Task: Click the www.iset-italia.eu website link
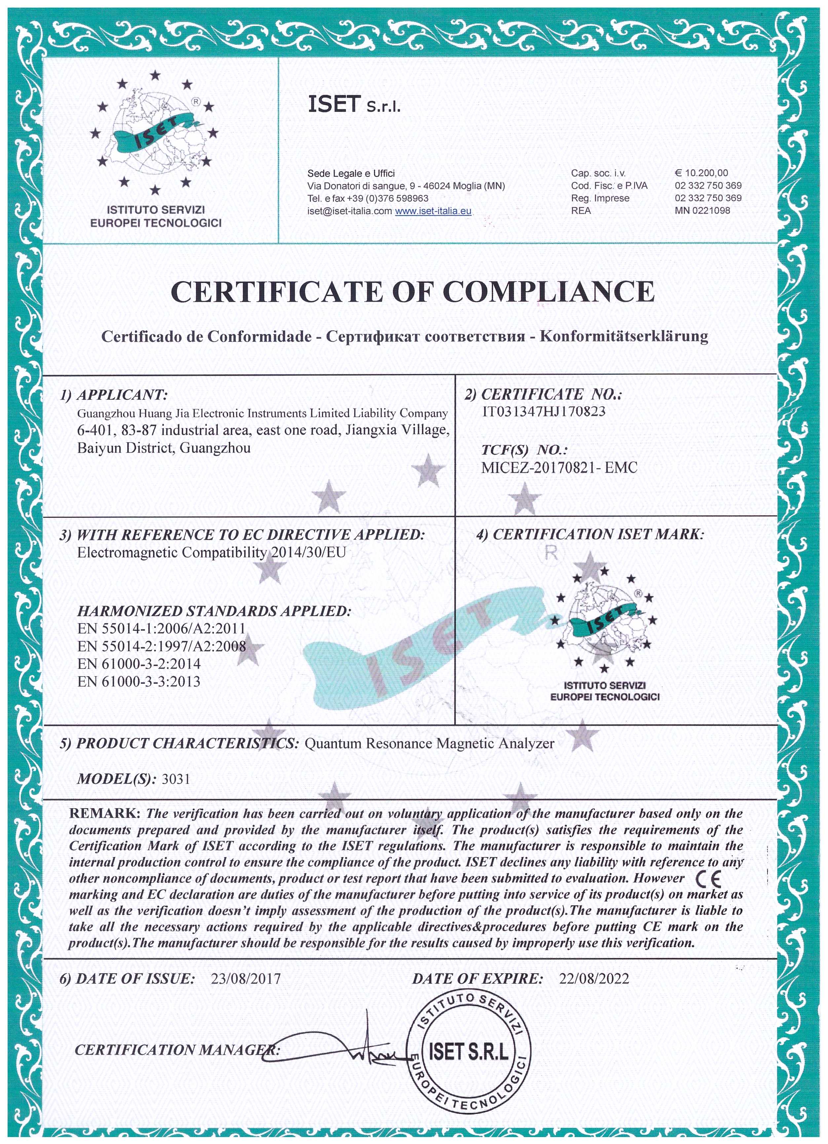(433, 211)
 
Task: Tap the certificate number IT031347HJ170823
(544, 412)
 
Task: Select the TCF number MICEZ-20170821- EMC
(559, 468)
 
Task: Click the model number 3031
(176, 779)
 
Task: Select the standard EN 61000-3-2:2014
(139, 664)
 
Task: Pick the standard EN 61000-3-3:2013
(139, 682)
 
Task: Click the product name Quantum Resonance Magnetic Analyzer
(430, 744)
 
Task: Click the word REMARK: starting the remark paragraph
(104, 814)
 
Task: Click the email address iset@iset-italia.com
(349, 211)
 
